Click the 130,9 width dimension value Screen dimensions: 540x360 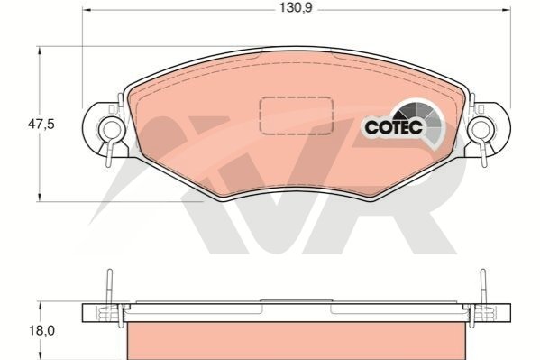pyautogui.click(x=296, y=7)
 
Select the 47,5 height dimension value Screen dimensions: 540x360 pyautogui.click(x=41, y=124)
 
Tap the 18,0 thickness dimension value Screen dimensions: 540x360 pyautogui.click(x=41, y=331)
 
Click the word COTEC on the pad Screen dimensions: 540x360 pyautogui.click(x=393, y=127)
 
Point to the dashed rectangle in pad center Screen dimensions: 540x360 pyautogui.click(x=297, y=115)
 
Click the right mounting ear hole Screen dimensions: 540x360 pyautogui.click(x=481, y=129)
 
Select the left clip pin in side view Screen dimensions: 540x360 pyautogui.click(x=109, y=287)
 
